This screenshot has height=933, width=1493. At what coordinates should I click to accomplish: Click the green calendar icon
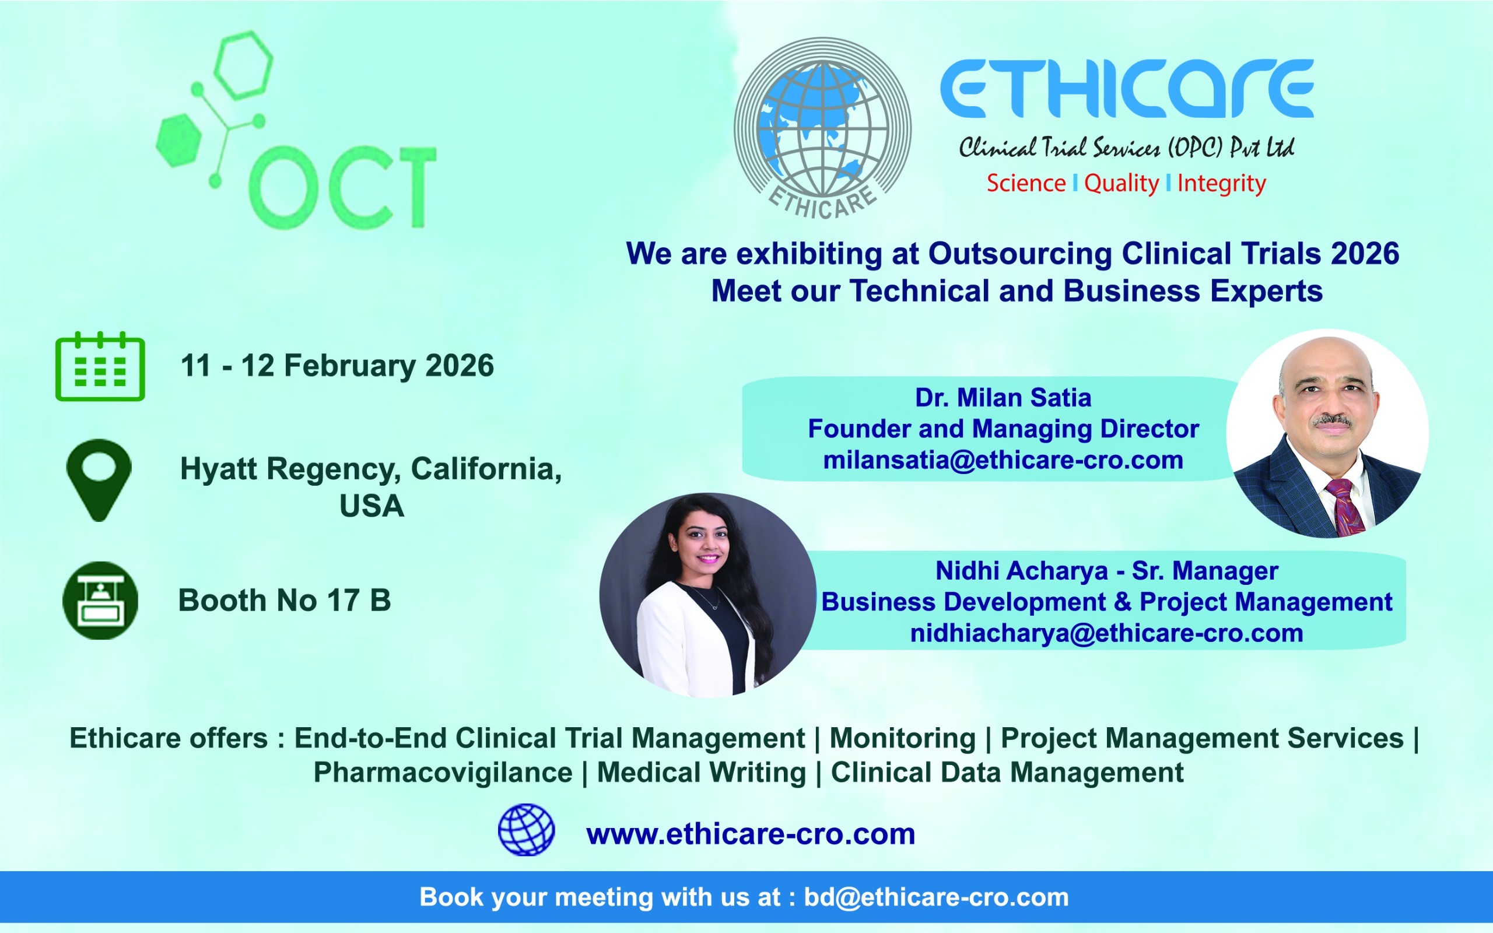coord(100,367)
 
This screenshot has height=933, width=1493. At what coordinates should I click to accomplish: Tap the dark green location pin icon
coord(99,480)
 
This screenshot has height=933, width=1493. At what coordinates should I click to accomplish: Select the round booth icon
coord(100,600)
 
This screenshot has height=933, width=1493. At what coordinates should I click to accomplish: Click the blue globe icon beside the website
coord(526,829)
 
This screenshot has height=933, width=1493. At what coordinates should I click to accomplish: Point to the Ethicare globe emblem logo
coord(822,128)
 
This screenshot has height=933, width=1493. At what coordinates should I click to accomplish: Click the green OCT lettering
coord(342,187)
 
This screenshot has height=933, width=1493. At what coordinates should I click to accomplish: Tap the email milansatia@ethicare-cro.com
coord(1003,460)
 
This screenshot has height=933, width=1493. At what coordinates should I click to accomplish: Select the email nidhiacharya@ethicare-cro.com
coord(1107,633)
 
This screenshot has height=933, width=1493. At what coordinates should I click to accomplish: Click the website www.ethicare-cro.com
coord(751,834)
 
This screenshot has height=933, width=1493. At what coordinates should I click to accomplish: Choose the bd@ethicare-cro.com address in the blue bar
coord(937,897)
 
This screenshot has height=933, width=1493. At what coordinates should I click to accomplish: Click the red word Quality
coord(1121,184)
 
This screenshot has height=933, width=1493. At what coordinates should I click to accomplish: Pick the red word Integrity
coord(1222,184)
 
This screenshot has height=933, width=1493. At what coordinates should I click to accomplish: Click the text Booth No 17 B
coord(285,601)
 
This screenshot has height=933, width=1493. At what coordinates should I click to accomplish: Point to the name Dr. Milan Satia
coord(1003,398)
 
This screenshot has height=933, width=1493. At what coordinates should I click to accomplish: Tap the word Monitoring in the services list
coord(903,739)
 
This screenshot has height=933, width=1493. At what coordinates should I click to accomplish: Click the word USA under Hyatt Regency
coord(372,506)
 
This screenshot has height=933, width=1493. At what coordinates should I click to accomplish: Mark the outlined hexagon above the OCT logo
coord(244,65)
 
